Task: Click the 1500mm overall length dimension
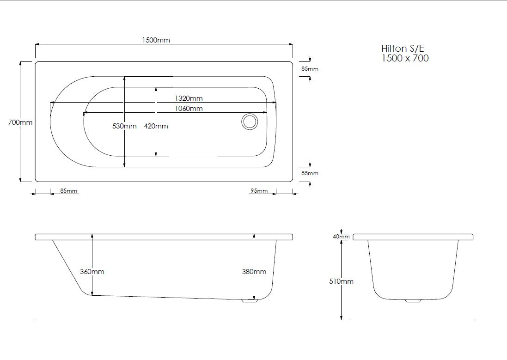[x=156, y=40]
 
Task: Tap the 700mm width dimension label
[x=20, y=122]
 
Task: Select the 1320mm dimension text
[x=188, y=98]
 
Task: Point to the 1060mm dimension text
[x=188, y=109]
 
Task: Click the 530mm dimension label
[x=124, y=126]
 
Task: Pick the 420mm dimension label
[x=156, y=126]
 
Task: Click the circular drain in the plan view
[x=250, y=122]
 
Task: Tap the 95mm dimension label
[x=259, y=191]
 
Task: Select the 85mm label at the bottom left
[x=69, y=191]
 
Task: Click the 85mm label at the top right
[x=310, y=69]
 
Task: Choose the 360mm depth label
[x=92, y=272]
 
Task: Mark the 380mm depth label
[x=254, y=272]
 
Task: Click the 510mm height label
[x=341, y=281]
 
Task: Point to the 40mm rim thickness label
[x=341, y=237]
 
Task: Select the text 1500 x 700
[x=405, y=58]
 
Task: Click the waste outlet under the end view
[x=413, y=301]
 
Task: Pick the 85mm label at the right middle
[x=310, y=173]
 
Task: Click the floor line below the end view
[x=411, y=320]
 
